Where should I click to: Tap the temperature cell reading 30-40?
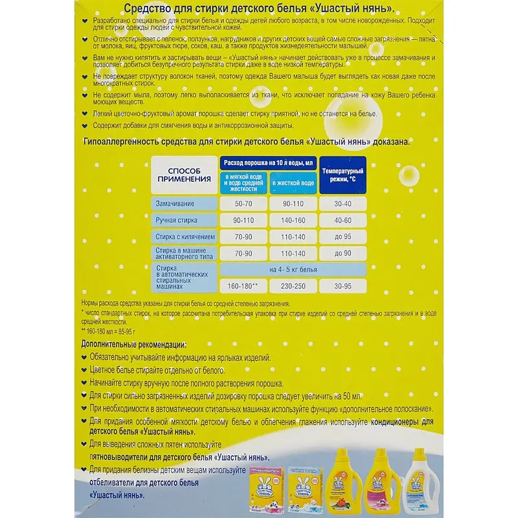click(343, 204)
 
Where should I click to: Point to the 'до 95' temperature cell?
click(343, 237)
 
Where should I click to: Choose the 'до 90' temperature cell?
click(343, 253)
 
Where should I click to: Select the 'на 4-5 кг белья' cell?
click(293, 268)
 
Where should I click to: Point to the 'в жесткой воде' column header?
click(293, 183)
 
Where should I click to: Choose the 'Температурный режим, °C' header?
click(343, 174)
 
